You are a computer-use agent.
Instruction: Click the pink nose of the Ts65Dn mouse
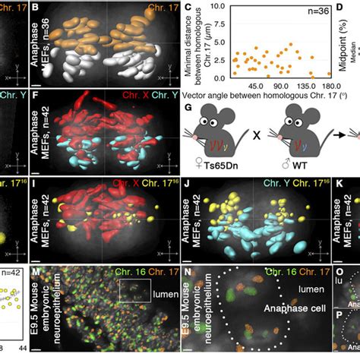(188, 146)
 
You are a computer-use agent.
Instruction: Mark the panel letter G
(187, 108)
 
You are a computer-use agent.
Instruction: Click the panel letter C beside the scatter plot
(186, 9)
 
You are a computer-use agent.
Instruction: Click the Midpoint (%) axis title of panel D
(352, 38)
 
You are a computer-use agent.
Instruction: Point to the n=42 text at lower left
(13, 270)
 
